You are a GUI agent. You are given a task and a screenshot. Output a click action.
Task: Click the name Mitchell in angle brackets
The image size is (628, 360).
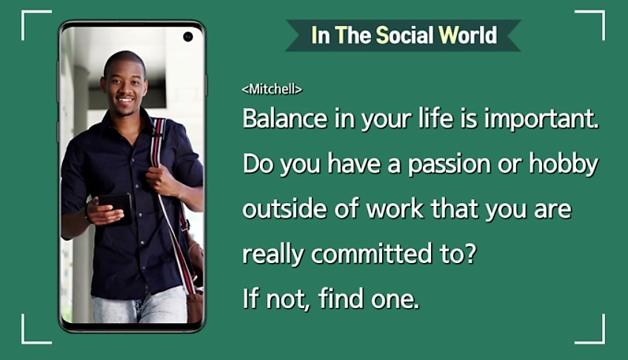tap(272, 89)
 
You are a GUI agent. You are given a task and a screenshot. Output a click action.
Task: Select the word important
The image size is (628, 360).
tap(541, 119)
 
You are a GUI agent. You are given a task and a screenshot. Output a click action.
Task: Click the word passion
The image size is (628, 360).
tap(450, 165)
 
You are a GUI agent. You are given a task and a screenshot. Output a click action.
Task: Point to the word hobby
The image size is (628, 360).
tap(564, 164)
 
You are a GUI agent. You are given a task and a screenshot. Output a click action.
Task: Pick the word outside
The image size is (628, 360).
tap(285, 209)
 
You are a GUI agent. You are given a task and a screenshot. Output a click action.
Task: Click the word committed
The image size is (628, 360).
tap(372, 254)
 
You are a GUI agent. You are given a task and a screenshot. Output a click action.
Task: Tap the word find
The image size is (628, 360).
tap(341, 299)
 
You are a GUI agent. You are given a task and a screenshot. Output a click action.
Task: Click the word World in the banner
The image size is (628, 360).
tap(468, 36)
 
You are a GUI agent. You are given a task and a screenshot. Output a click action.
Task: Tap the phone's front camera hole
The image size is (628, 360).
tap(188, 37)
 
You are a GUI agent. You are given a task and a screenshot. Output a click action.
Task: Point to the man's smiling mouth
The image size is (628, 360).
tap(125, 100)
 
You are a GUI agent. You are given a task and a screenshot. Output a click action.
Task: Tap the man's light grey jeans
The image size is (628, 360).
tap(140, 307)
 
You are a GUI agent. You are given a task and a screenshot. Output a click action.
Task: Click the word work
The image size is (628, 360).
tap(395, 209)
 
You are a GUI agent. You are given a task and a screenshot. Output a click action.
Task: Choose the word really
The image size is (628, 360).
tap(273, 255)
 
